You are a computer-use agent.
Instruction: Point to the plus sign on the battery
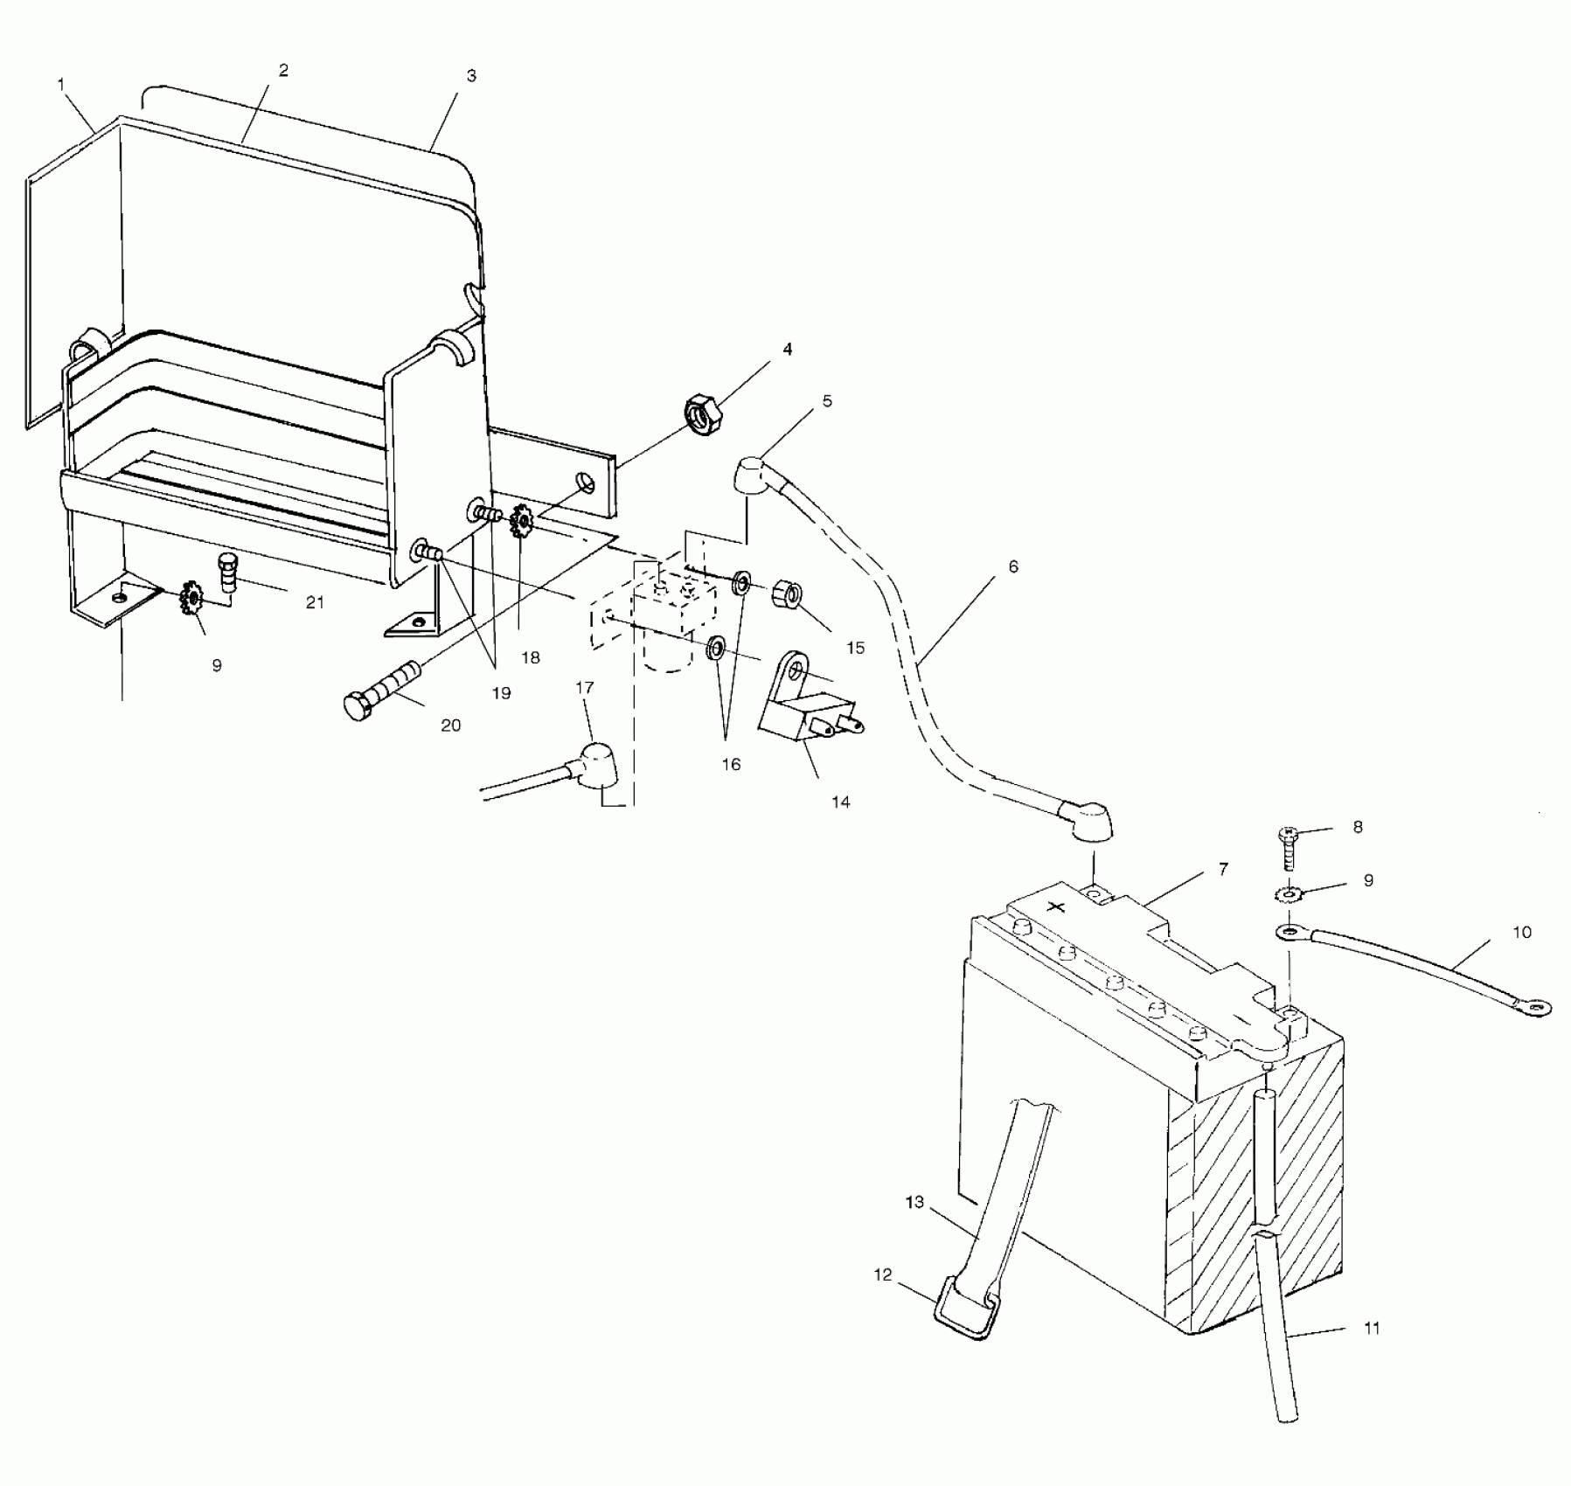click(x=1057, y=906)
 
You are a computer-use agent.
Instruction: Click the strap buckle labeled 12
click(x=965, y=1309)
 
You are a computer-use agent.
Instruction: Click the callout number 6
click(x=1013, y=566)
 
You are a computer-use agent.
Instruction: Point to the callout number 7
click(x=1223, y=869)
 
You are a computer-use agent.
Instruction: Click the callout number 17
click(x=585, y=688)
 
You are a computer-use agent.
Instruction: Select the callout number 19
click(x=501, y=693)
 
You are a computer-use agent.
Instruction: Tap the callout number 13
click(x=914, y=1203)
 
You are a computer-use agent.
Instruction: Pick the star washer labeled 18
click(x=522, y=522)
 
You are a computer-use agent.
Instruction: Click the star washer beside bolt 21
click(x=190, y=599)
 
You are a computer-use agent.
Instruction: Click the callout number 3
click(x=471, y=76)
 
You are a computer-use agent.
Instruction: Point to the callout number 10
click(x=1522, y=932)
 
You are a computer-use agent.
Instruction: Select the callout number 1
click(x=61, y=84)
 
